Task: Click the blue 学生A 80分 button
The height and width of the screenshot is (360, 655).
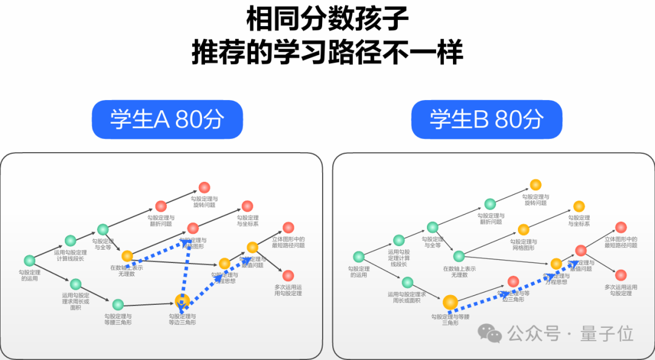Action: (x=167, y=119)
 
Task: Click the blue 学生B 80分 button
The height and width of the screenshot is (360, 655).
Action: (x=486, y=119)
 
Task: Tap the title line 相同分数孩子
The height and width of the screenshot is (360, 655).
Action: (x=327, y=20)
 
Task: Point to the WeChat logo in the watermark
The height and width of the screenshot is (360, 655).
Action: (x=489, y=332)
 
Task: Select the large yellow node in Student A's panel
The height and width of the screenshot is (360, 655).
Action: (x=182, y=300)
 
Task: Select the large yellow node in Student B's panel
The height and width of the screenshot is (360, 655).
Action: (x=450, y=302)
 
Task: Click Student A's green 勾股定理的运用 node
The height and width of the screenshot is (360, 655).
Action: (x=29, y=261)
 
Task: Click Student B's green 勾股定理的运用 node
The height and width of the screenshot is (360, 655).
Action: (x=358, y=256)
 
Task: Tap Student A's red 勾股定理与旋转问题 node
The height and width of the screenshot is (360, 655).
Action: (x=204, y=188)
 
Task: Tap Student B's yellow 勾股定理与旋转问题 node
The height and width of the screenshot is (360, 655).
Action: (x=535, y=185)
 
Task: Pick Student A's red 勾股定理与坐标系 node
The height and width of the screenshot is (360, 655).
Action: (x=247, y=206)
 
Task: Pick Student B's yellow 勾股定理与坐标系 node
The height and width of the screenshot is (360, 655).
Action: (x=579, y=206)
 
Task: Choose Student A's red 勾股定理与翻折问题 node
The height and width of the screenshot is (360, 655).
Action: (x=161, y=206)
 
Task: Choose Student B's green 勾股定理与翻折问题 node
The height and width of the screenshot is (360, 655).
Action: (x=489, y=204)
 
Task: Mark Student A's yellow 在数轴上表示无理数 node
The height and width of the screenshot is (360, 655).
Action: (x=127, y=256)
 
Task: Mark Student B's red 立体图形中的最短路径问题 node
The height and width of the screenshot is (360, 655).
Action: (x=620, y=227)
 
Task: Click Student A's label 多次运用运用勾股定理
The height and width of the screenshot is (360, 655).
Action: (x=287, y=290)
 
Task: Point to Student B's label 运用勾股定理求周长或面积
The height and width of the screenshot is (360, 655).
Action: (x=407, y=297)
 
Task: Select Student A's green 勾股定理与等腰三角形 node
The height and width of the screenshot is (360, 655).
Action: (x=118, y=304)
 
